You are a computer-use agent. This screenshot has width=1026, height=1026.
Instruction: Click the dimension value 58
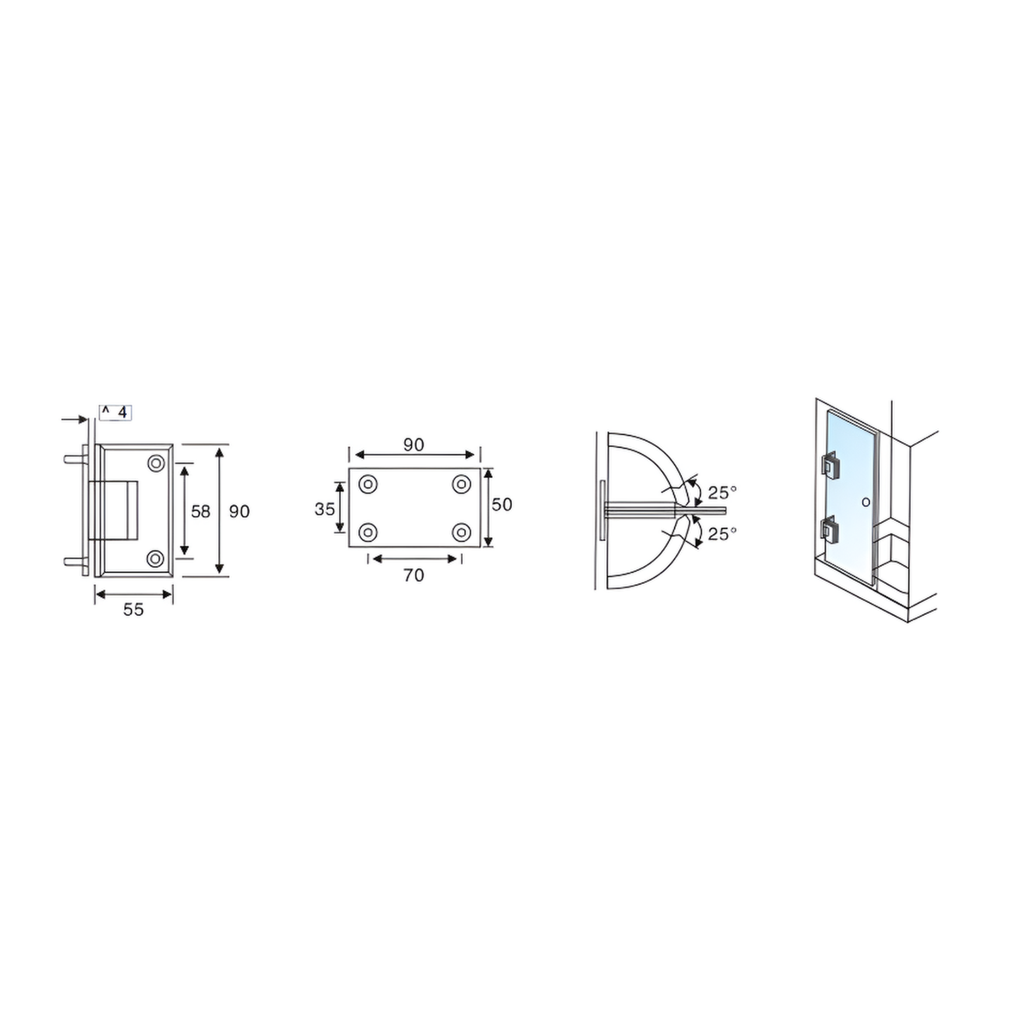pos(200,512)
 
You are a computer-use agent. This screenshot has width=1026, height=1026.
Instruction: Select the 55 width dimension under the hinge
pos(133,610)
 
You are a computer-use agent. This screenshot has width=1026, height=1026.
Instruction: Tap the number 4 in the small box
pos(122,413)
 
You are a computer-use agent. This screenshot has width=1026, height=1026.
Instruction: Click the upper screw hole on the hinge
pos(156,464)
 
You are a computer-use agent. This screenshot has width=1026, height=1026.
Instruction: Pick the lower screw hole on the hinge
pos(155,558)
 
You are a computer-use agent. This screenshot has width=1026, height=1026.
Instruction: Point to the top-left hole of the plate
pos(368,484)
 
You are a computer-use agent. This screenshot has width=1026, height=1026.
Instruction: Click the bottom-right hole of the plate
pos(462,532)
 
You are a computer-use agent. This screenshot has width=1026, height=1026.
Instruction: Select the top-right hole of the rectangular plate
pos(462,484)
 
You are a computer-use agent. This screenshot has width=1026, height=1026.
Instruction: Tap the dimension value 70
pos(413,576)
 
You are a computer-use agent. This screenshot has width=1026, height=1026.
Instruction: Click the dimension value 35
pos(324,509)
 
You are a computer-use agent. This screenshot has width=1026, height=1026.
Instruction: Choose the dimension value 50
pos(502,505)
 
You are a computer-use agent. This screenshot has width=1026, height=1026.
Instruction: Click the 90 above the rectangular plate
pos(413,445)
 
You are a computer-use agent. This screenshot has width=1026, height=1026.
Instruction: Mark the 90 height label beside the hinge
pos(239,512)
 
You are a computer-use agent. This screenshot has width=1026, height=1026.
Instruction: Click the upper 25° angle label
pos(722,492)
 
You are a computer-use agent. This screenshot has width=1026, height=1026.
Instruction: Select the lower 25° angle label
pos(722,534)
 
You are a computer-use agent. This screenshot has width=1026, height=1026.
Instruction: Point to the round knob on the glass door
pos(866,502)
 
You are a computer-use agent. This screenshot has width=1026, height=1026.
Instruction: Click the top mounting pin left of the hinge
pos(72,459)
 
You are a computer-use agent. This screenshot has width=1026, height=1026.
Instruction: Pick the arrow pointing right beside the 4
pos(74,419)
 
